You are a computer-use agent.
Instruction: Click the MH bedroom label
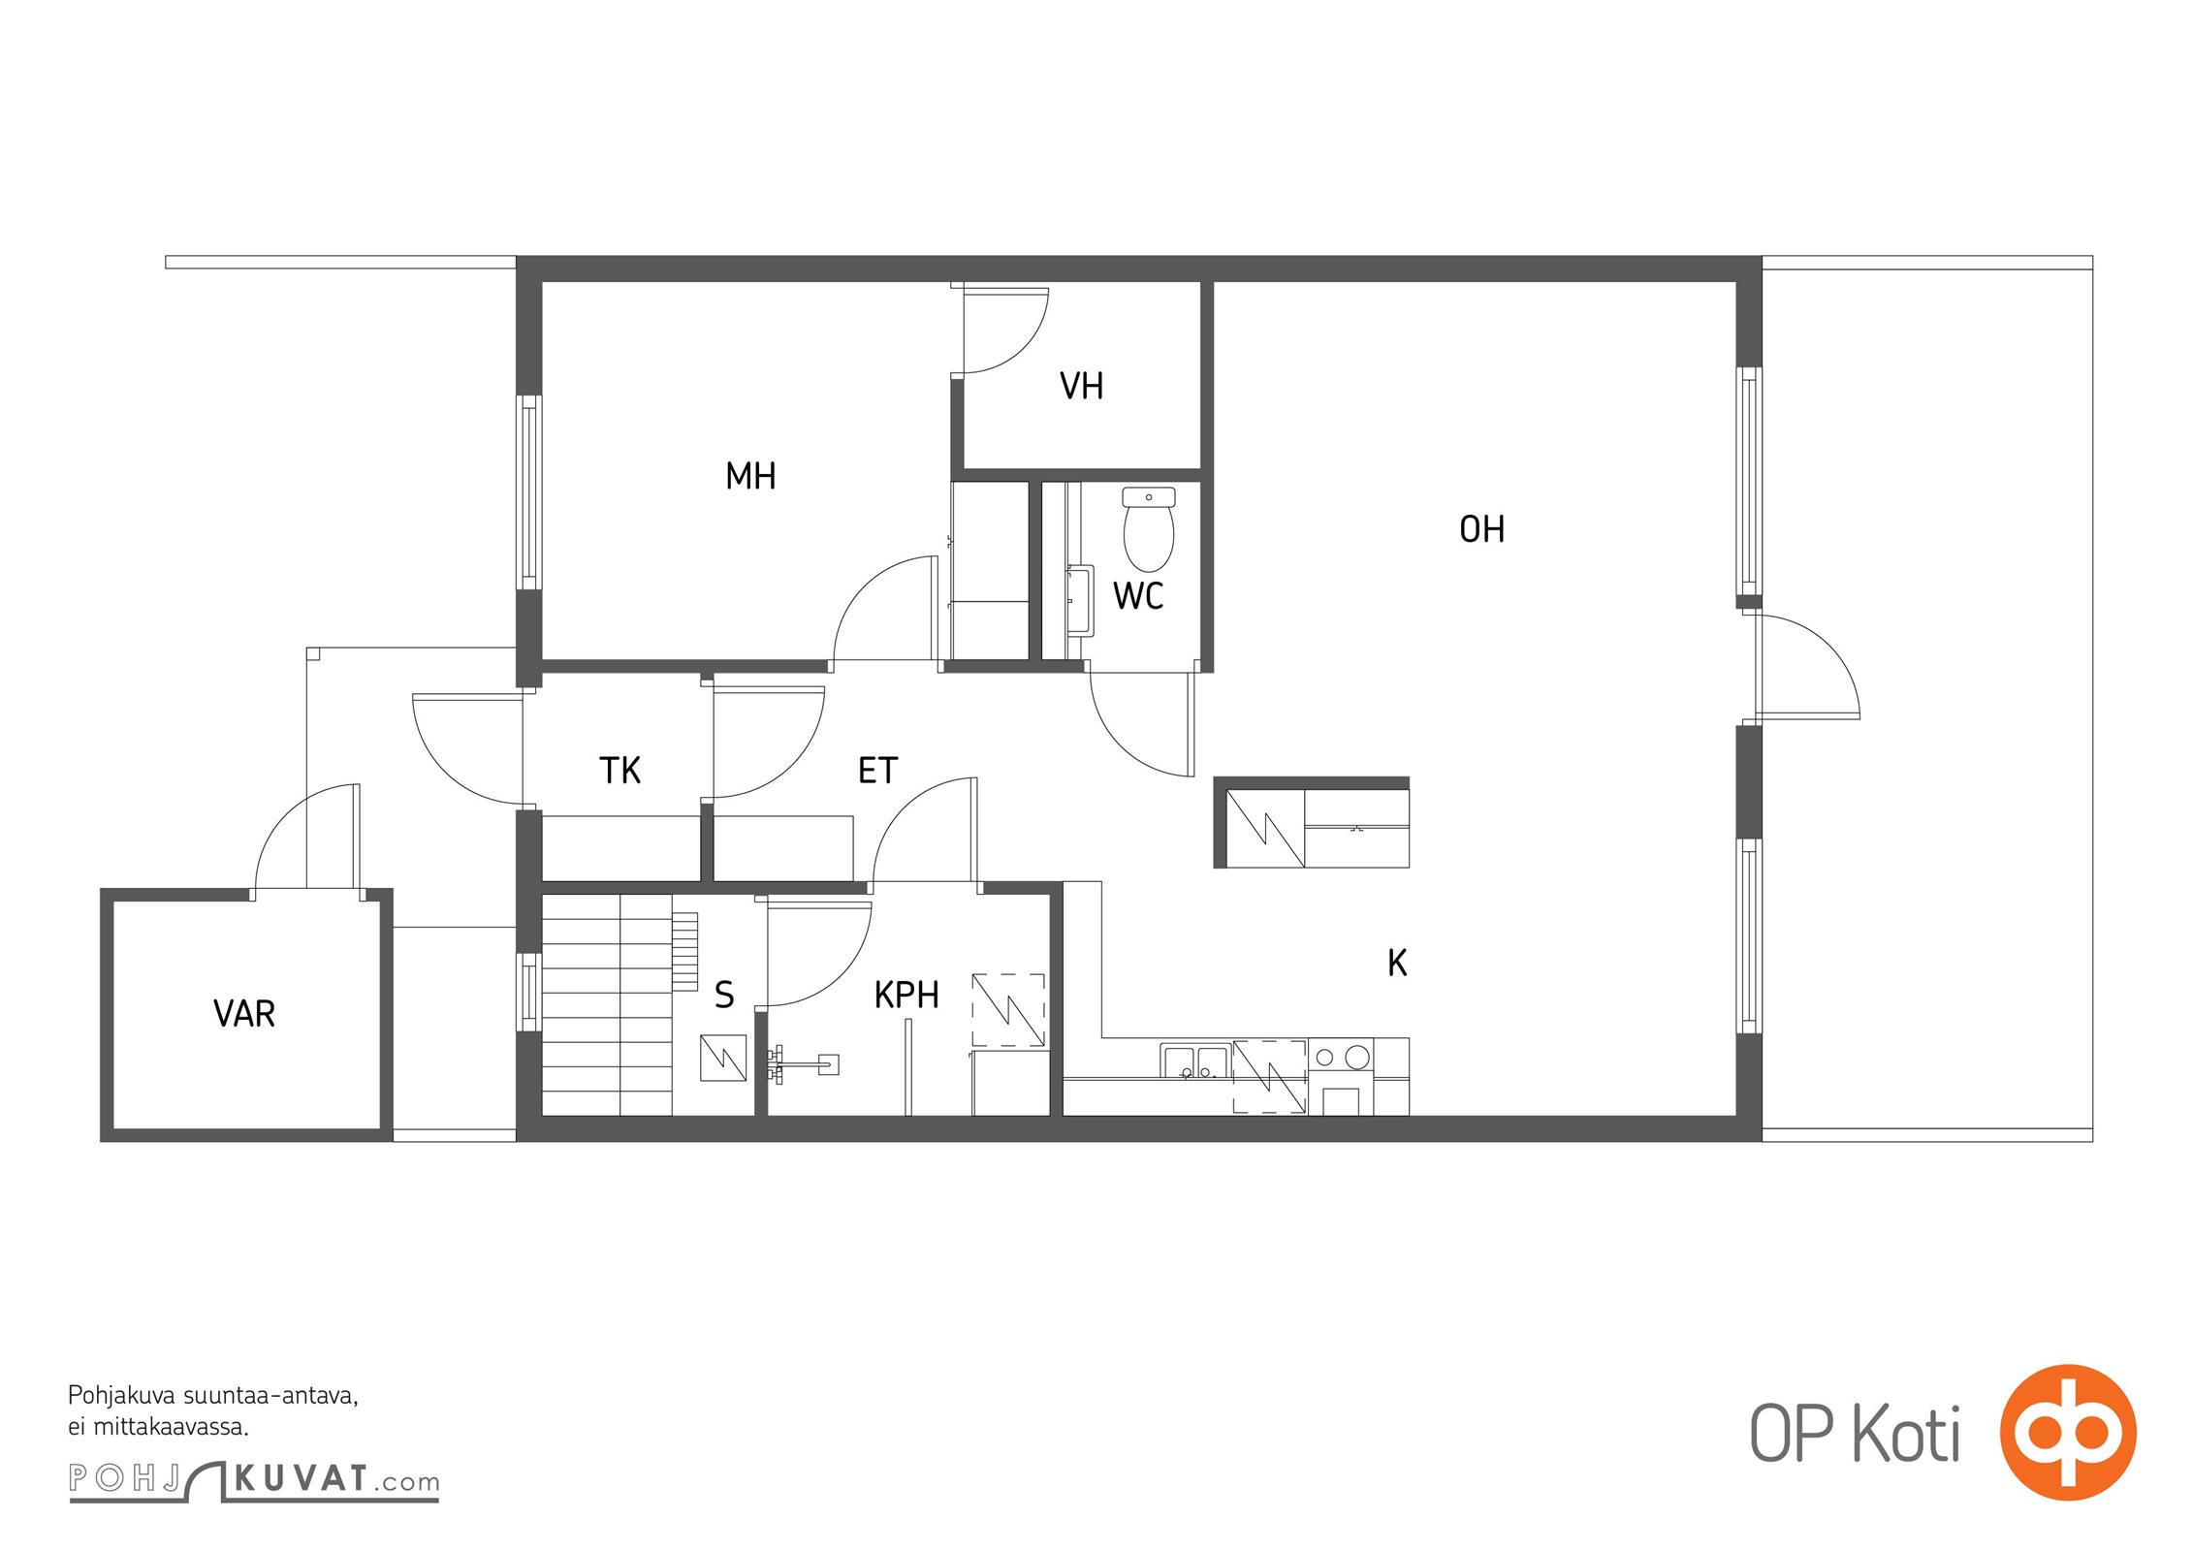(x=750, y=476)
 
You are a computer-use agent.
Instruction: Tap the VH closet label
(x=1081, y=386)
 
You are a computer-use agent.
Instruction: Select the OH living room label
(x=1481, y=529)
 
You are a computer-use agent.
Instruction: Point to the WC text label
(x=1138, y=595)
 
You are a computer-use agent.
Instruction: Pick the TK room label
(x=620, y=771)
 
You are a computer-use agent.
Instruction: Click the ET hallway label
(x=877, y=771)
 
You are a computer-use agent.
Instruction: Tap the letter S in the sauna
(x=724, y=995)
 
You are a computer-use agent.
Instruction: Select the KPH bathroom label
(x=906, y=995)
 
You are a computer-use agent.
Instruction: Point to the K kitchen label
(x=1397, y=963)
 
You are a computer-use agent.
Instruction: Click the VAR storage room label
(x=244, y=1014)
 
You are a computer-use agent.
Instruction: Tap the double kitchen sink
(x=1196, y=1061)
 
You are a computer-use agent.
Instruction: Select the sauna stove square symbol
(x=723, y=1059)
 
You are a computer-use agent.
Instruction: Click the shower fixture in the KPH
(x=803, y=1065)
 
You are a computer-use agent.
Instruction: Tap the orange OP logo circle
(x=2068, y=1432)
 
